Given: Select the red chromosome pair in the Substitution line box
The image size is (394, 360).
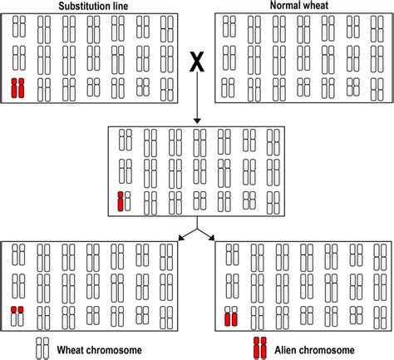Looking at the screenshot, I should coord(17,87).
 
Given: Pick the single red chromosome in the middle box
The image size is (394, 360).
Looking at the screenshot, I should coord(121,200).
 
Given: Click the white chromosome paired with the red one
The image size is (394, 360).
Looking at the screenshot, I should coord(127,200).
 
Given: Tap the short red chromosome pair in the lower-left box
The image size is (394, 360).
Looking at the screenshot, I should coord(17,311).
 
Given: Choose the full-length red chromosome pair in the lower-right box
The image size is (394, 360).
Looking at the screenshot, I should coord(232,316).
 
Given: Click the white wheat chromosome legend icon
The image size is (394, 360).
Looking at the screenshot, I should coord(40,348).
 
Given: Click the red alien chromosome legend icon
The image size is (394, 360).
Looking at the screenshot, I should coord(261,348).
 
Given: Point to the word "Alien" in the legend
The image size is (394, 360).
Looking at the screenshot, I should coord(291,348).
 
